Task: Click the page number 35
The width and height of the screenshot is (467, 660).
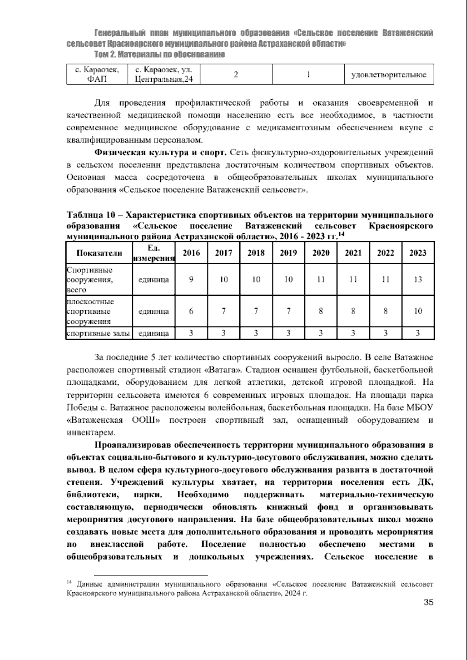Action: pos(428,614)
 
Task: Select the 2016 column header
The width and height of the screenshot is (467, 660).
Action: pos(191,253)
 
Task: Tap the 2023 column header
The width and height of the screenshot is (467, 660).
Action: pos(418,253)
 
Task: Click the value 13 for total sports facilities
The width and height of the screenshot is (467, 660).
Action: pos(418,279)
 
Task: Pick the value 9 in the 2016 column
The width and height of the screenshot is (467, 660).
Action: pos(191,279)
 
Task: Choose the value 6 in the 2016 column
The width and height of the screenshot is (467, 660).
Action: pos(191,311)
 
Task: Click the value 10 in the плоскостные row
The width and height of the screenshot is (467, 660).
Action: pos(418,311)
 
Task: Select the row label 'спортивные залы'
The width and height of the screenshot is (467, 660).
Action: pos(98,334)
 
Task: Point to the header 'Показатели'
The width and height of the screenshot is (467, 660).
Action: pos(99,253)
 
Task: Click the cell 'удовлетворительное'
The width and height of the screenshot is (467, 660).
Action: pos(389,75)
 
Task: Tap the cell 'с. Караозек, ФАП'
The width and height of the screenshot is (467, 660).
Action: pos(97,74)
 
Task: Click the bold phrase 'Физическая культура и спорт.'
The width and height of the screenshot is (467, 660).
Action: pos(161,152)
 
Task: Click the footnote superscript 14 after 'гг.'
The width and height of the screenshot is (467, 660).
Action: pos(341,234)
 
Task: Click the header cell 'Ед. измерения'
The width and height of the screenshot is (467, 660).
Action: pos(153,253)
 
